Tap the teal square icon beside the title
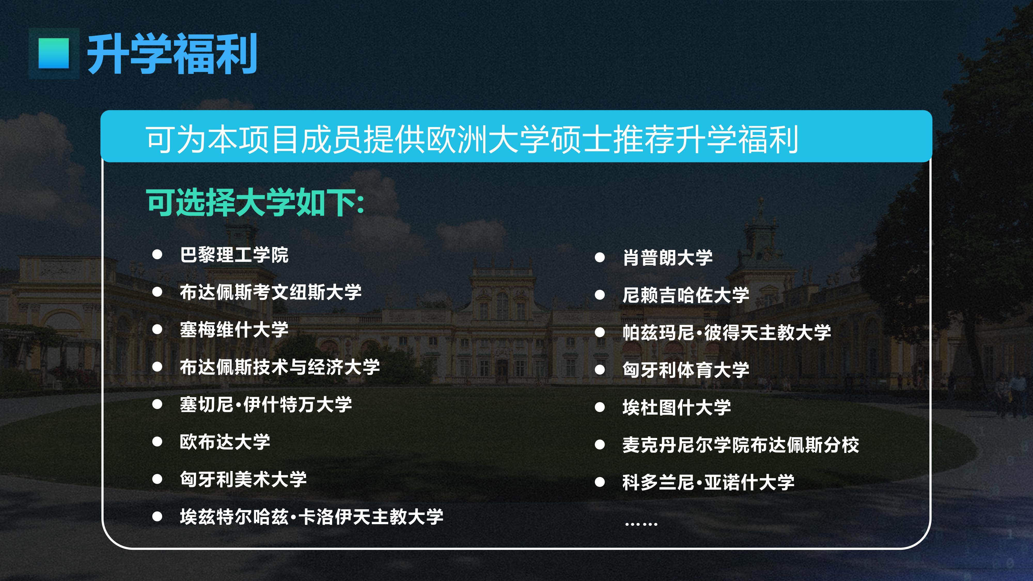point(54,53)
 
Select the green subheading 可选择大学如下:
point(255,202)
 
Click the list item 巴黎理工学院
point(234,255)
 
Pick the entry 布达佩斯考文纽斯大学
point(271,292)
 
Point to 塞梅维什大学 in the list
point(234,329)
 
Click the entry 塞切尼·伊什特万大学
point(266,404)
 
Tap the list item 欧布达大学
point(225,442)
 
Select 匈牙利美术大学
point(244,479)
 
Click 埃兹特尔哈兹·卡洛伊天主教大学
point(312,516)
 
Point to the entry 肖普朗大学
point(668,257)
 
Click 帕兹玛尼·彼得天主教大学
point(727,332)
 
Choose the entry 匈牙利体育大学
point(686,370)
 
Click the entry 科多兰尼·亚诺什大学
point(708,482)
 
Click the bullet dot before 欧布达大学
point(157,442)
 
